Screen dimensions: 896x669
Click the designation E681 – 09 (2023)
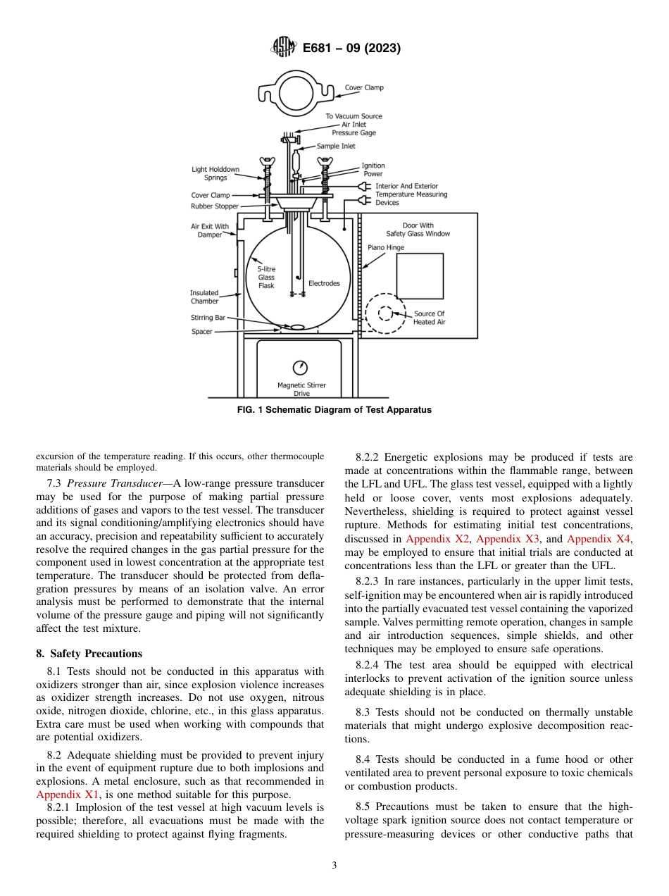[351, 49]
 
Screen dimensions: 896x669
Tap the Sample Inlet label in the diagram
[336, 147]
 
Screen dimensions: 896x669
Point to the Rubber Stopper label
[215, 206]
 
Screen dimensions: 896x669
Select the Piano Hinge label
[385, 248]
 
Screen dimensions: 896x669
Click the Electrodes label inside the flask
[324, 283]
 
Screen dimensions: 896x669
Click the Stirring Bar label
[208, 318]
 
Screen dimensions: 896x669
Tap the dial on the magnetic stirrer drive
[301, 367]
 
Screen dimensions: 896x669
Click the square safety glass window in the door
[420, 276]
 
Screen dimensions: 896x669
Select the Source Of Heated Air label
[429, 318]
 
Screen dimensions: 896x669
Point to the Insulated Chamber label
[204, 297]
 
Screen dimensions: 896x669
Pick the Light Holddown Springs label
[215, 173]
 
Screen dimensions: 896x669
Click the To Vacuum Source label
[354, 116]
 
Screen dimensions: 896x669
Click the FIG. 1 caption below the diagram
[334, 410]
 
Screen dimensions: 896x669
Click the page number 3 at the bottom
[334, 866]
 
